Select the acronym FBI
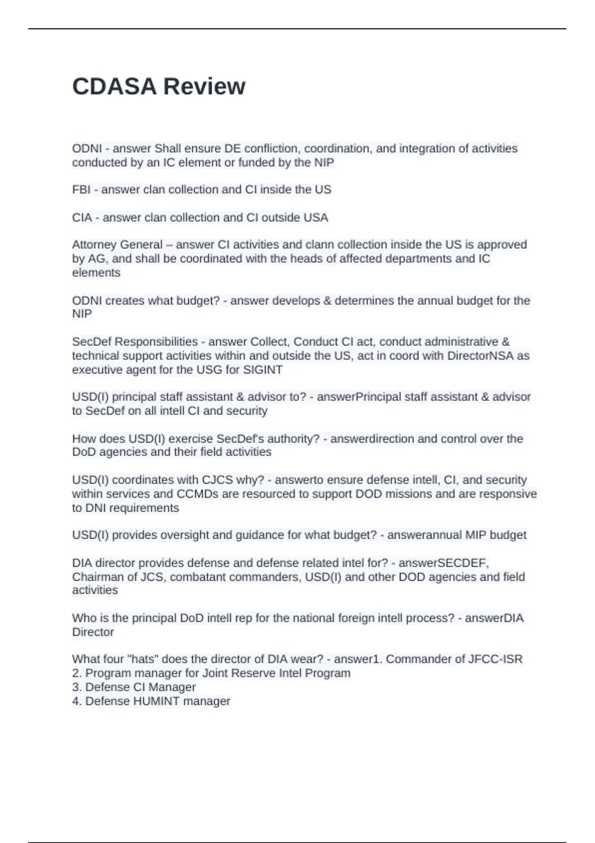click(x=81, y=189)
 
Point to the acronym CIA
click(x=82, y=217)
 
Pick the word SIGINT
click(x=263, y=370)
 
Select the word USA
click(x=315, y=217)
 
